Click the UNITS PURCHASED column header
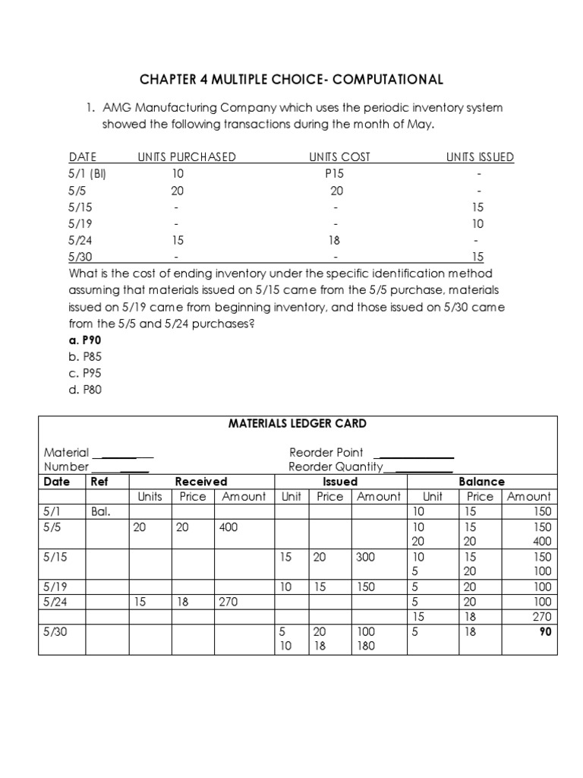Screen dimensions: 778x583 tap(187, 157)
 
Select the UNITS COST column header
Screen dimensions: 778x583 tap(339, 157)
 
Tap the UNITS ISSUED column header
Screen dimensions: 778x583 tap(480, 157)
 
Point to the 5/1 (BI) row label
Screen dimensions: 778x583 tap(88, 174)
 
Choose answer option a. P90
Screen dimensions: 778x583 tap(85, 340)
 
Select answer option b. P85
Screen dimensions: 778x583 tap(85, 356)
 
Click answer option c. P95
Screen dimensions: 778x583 tap(85, 373)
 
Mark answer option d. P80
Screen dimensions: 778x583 tap(85, 390)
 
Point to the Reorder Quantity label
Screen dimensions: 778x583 tap(336, 466)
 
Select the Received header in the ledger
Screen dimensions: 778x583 tap(201, 482)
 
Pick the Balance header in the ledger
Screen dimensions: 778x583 tap(481, 482)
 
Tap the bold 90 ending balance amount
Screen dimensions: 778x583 tap(544, 631)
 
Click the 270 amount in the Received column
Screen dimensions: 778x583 tap(228, 602)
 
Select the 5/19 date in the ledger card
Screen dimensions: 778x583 tap(56, 587)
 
